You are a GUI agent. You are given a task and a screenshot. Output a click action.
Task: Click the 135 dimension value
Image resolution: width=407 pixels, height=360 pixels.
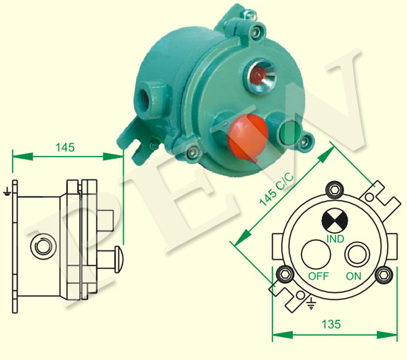tap(332, 324)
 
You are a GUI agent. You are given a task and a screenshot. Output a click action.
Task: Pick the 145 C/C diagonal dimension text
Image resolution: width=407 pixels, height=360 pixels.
tap(277, 190)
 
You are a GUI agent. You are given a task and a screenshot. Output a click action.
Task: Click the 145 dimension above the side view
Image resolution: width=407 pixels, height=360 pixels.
tap(65, 147)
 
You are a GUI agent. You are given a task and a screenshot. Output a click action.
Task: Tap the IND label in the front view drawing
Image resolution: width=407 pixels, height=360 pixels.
tap(335, 239)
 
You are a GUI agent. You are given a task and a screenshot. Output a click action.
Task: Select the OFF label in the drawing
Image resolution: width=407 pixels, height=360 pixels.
tap(318, 276)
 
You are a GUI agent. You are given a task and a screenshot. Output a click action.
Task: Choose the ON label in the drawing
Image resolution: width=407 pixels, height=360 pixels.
tap(354, 276)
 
